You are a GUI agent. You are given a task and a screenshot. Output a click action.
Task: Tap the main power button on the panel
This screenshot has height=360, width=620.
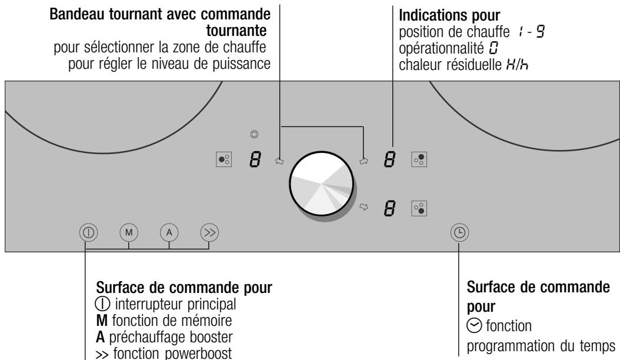(86, 232)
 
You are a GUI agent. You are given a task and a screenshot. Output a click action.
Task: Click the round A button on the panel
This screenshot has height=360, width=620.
(169, 232)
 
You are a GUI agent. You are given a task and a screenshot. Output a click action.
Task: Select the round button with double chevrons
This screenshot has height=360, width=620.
(209, 232)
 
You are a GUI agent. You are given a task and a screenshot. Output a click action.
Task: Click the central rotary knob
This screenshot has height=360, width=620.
(323, 183)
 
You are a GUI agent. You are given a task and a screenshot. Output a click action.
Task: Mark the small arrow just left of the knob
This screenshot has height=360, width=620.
(279, 159)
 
